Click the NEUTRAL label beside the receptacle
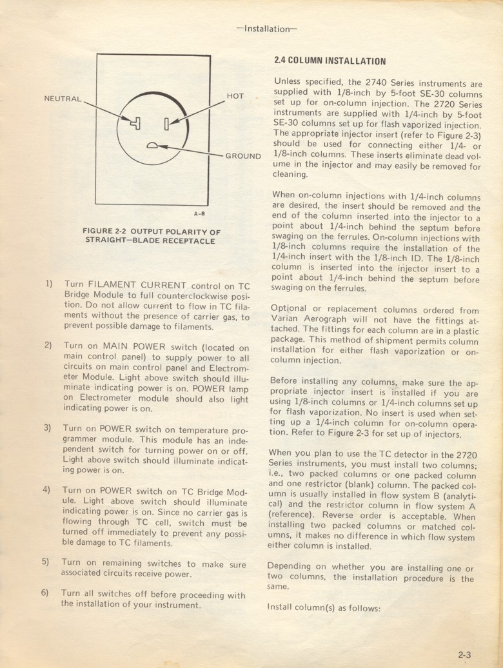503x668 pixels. [x=63, y=99]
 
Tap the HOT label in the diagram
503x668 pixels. [x=235, y=96]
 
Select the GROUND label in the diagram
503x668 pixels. [x=242, y=156]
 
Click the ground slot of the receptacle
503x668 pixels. [x=152, y=146]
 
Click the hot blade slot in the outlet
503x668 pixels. [x=166, y=123]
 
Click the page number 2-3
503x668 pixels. [x=465, y=654]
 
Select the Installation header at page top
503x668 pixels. [x=266, y=28]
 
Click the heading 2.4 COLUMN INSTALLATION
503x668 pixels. [x=330, y=62]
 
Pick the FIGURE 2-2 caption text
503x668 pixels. [x=152, y=236]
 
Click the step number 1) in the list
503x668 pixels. [x=48, y=283]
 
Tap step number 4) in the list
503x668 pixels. [x=47, y=489]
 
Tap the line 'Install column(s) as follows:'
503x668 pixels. [x=324, y=607]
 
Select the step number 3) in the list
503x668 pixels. [x=47, y=427]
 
